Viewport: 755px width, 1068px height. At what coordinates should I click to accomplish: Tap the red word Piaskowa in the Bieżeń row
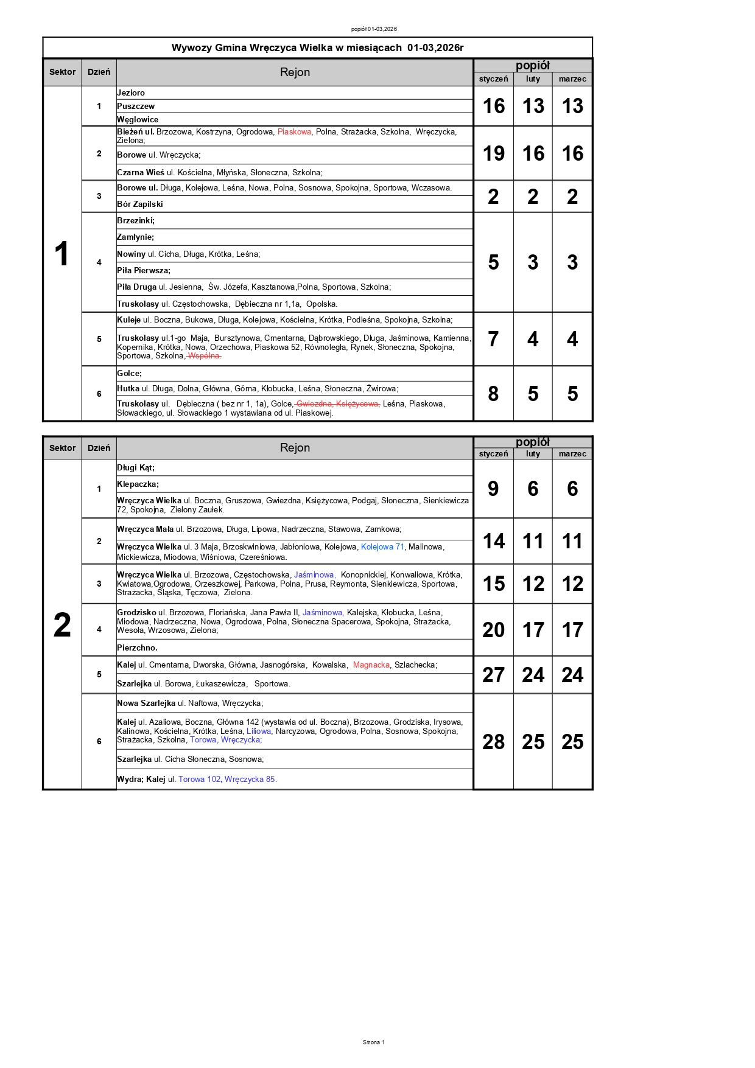click(294, 131)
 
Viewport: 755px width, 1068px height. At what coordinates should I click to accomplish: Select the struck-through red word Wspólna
click(204, 356)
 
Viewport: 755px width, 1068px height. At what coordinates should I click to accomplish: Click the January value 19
click(493, 153)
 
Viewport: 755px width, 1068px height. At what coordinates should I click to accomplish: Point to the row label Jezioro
click(131, 92)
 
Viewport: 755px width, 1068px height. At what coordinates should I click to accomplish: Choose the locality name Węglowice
click(138, 119)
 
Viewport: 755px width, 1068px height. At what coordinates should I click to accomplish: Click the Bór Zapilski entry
click(140, 204)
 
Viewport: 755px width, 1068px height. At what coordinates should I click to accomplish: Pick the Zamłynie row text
click(135, 237)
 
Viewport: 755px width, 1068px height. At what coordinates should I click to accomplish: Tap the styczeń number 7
click(493, 339)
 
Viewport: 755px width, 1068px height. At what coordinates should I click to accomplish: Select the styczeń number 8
click(493, 394)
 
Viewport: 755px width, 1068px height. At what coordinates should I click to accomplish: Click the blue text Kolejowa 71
click(382, 546)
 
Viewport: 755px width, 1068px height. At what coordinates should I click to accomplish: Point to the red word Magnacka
click(371, 665)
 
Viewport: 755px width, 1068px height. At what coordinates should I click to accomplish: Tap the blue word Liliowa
click(259, 731)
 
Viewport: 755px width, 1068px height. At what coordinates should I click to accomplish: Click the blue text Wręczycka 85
click(250, 779)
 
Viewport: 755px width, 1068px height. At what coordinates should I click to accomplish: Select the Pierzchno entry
click(137, 647)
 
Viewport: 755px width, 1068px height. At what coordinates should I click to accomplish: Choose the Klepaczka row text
click(138, 484)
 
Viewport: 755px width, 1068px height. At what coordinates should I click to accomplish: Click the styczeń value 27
click(493, 675)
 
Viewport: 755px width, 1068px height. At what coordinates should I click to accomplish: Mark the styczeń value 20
click(493, 630)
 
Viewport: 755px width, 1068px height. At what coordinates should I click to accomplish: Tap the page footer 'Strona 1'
click(373, 1042)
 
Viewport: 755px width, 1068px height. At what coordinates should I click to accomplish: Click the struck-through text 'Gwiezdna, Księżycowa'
click(337, 403)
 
